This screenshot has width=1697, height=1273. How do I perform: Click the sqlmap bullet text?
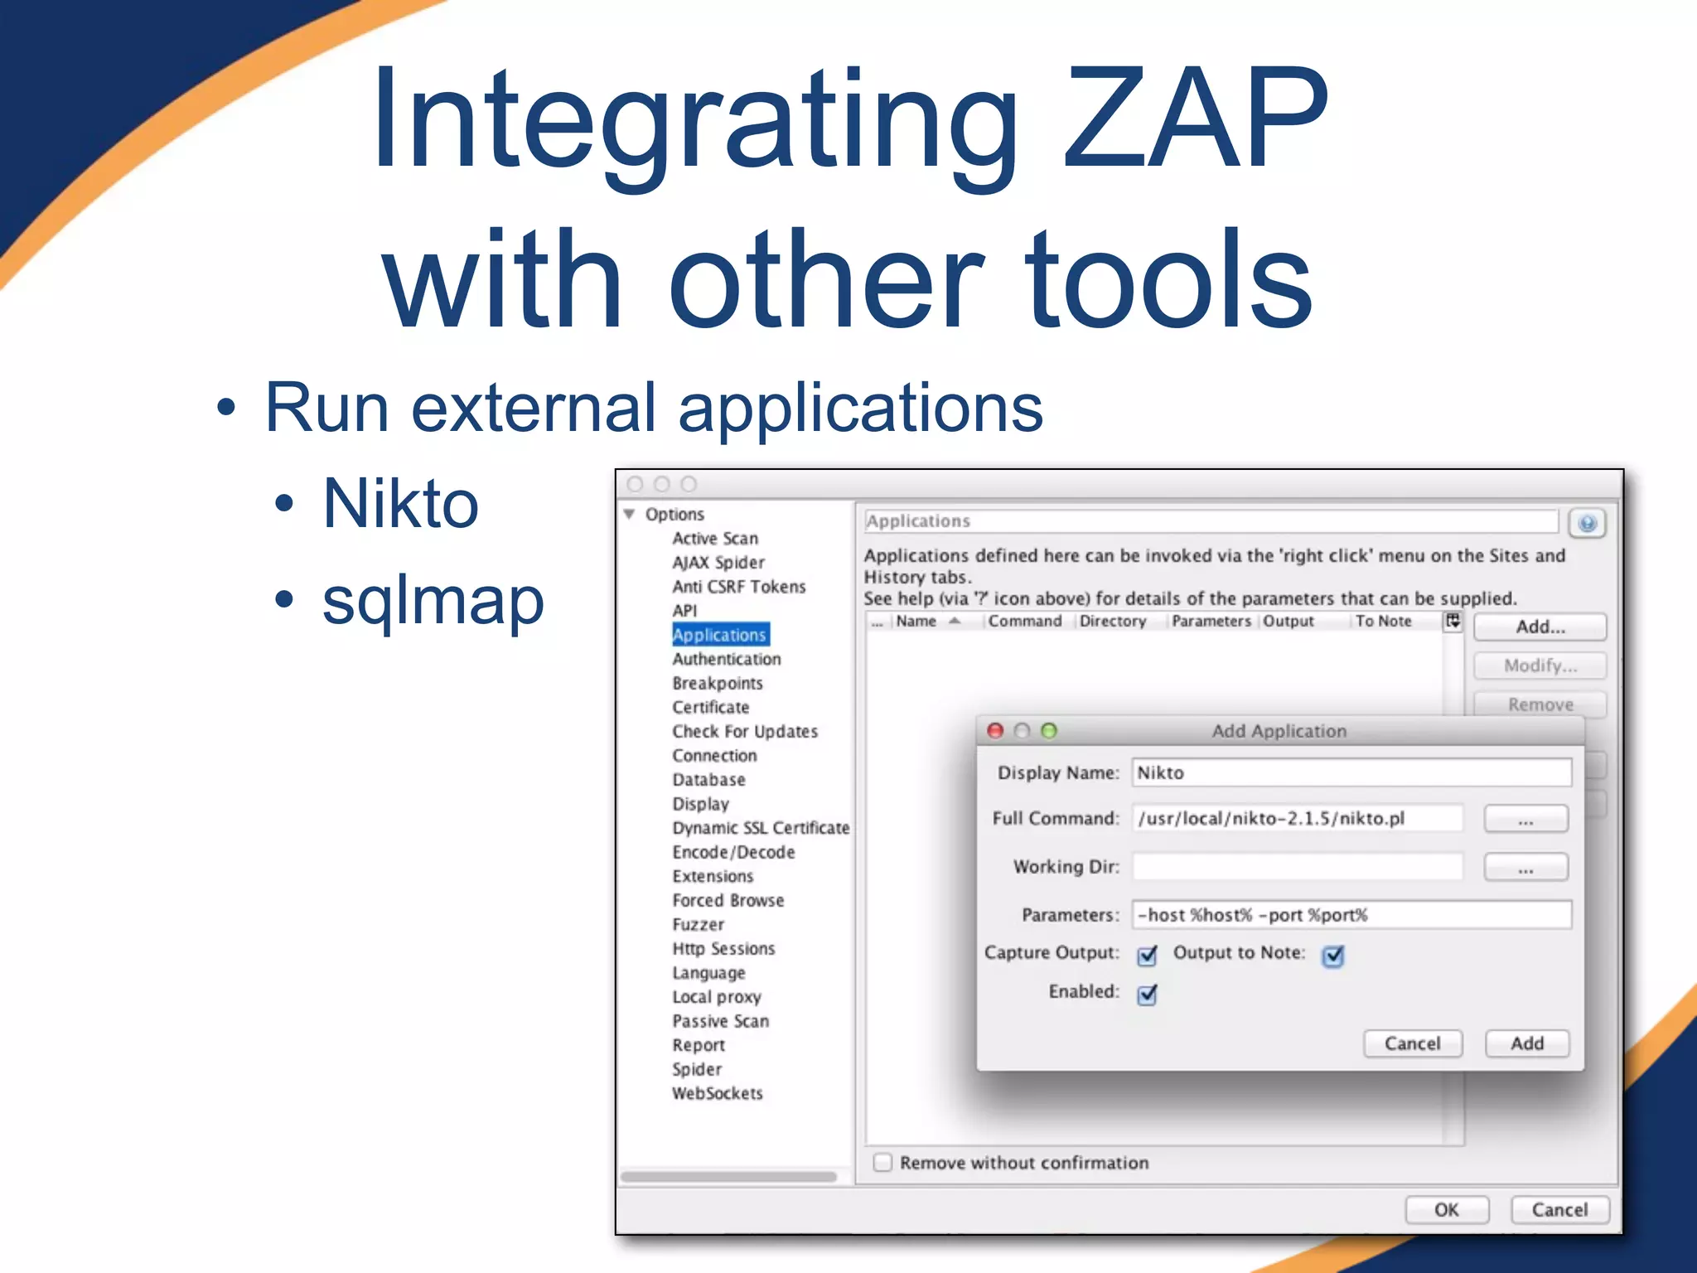click(x=433, y=600)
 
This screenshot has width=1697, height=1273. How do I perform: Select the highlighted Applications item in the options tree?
click(x=719, y=635)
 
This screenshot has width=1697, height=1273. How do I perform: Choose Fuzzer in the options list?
click(x=698, y=924)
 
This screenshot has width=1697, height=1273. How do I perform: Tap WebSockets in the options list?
click(x=717, y=1093)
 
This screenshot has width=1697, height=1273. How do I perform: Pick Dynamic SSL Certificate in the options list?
click(x=760, y=828)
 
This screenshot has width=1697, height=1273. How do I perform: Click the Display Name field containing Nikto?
click(x=1351, y=772)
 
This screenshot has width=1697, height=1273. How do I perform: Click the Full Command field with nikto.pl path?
click(x=1297, y=818)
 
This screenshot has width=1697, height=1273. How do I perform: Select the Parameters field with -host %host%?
click(x=1351, y=915)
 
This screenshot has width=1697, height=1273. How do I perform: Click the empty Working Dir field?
click(x=1297, y=867)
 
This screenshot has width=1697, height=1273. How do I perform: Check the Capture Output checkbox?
click(x=1147, y=956)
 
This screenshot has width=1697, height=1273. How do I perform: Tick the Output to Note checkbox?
click(x=1333, y=956)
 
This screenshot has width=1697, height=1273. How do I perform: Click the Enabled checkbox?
click(x=1147, y=994)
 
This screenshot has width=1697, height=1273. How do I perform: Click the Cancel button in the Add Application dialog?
click(x=1412, y=1043)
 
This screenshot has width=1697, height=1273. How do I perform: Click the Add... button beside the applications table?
click(x=1540, y=627)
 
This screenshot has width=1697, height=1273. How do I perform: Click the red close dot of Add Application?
click(x=996, y=730)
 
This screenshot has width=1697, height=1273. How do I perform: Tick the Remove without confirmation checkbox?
click(x=883, y=1162)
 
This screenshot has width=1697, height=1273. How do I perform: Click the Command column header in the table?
click(x=1024, y=622)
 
